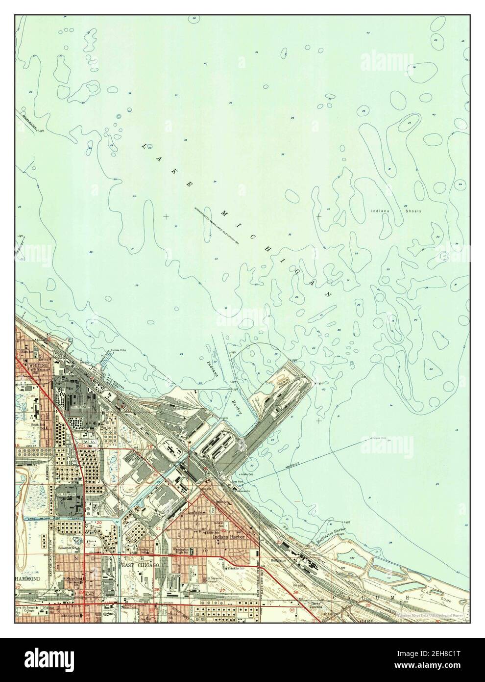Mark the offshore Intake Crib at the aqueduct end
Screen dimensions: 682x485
tap(377, 438)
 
